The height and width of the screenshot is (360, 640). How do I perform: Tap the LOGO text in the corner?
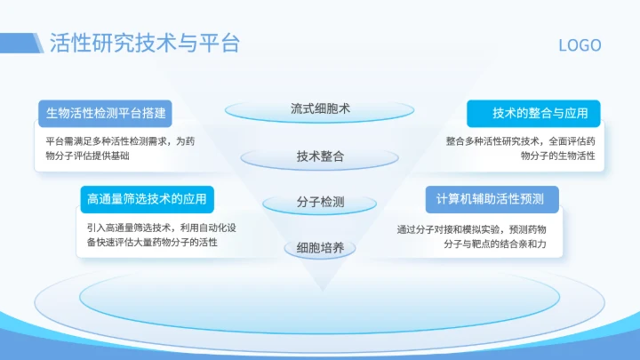580,45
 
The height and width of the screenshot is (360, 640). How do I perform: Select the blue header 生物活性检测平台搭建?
105,113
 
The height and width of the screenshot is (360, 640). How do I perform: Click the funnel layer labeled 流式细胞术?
320,109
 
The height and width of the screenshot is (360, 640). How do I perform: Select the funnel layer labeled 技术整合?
320,156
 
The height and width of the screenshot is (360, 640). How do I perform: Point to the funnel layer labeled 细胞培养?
320,248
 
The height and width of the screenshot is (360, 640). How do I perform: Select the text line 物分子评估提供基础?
87,156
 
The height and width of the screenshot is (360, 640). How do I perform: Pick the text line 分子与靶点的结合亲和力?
507,244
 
